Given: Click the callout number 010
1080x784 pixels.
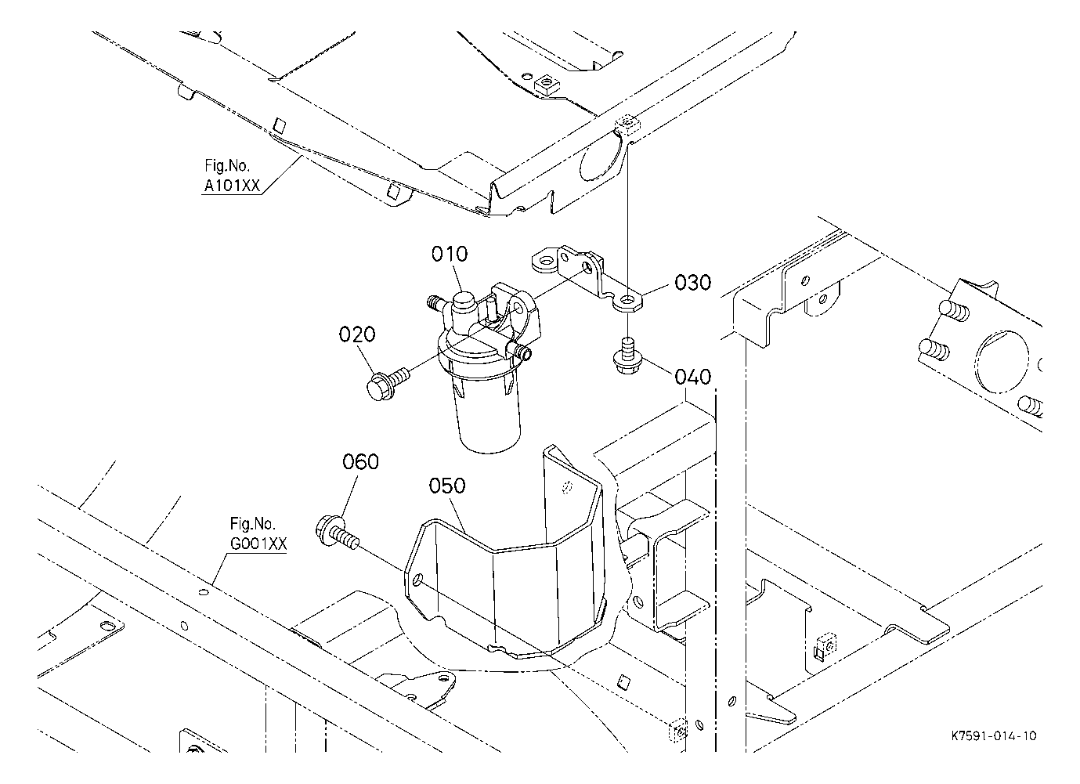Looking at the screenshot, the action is click(x=450, y=254).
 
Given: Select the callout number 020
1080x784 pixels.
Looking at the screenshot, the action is click(x=357, y=334).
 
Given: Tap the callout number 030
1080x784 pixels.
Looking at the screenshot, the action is click(x=693, y=283).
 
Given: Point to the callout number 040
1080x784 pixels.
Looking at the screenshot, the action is click(x=693, y=377).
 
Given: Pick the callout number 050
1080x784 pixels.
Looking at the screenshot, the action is click(x=447, y=486).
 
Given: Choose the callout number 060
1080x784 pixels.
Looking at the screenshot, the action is click(x=360, y=461).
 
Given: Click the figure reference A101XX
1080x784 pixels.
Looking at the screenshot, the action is click(x=232, y=186).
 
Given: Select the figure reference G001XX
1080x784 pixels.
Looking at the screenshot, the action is click(x=258, y=544).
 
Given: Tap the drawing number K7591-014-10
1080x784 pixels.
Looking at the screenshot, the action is click(x=994, y=735).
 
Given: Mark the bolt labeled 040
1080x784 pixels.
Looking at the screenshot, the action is click(x=627, y=356).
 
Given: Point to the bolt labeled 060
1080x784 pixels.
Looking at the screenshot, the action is click(x=337, y=533).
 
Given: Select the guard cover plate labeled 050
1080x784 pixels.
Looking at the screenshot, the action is click(x=504, y=555).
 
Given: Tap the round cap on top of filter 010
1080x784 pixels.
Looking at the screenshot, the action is click(x=463, y=301).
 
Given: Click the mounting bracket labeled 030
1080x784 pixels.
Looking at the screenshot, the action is click(x=587, y=278).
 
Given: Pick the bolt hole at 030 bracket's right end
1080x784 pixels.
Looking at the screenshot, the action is click(x=627, y=302).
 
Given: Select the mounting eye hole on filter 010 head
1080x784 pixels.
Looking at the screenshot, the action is click(x=518, y=308).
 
